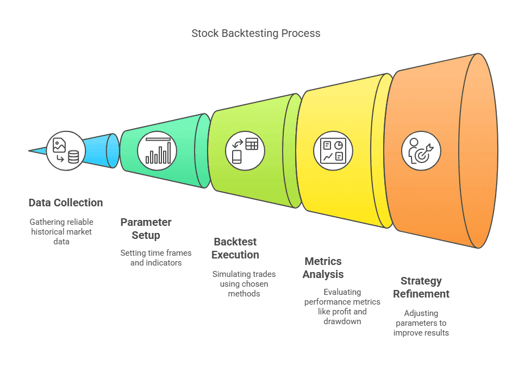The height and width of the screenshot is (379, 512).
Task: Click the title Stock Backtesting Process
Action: click(255, 33)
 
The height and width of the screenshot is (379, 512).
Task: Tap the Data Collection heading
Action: click(66, 203)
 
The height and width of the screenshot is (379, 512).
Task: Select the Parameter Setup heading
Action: click(146, 229)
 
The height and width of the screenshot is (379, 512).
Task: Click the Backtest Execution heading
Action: click(235, 248)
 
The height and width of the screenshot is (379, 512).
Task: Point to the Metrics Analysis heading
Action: click(323, 268)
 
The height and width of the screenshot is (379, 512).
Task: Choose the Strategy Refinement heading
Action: click(421, 287)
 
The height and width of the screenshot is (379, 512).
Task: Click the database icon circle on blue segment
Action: click(65, 150)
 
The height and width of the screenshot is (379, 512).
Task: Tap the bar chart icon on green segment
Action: click(158, 150)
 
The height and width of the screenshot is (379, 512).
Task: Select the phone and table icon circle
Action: click(245, 150)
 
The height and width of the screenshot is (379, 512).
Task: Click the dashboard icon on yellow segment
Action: click(333, 150)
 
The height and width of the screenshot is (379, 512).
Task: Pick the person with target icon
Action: click(421, 150)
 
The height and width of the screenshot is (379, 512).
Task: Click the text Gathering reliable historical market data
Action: click(61, 231)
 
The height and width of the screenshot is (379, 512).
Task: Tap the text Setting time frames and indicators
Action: click(155, 257)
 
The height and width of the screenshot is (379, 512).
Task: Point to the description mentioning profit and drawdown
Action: click(335, 307)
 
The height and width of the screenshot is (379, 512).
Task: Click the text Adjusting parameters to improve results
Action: click(421, 323)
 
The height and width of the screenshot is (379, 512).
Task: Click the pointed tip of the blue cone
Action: click(30, 150)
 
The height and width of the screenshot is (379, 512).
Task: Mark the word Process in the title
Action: click(301, 33)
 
